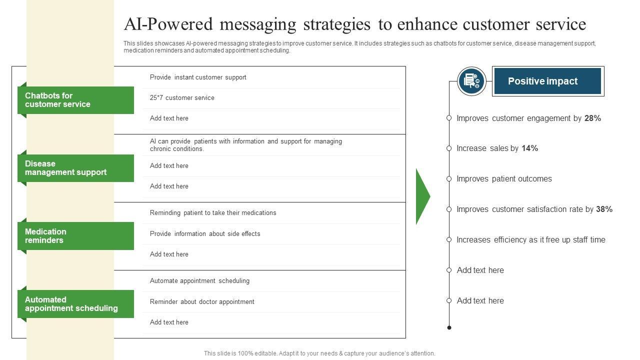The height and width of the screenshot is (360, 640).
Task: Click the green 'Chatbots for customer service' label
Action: (75, 100)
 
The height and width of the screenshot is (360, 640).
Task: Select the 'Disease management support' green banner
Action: (75, 168)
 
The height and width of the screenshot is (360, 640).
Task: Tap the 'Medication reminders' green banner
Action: (75, 236)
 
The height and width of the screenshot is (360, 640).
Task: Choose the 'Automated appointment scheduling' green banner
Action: (75, 304)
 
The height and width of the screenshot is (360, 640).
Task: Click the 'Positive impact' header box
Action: (547, 81)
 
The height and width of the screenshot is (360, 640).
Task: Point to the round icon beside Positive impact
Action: (471, 81)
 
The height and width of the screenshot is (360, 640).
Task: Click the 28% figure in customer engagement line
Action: (592, 118)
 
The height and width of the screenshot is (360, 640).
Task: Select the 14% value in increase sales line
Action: (529, 148)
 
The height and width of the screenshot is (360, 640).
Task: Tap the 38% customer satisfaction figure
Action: (604, 209)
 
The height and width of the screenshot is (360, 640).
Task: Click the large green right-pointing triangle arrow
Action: (422, 196)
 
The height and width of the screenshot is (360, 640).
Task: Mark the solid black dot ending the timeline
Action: (449, 327)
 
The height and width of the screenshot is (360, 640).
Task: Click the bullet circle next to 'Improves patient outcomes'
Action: (449, 179)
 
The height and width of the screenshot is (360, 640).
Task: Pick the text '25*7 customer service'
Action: (182, 98)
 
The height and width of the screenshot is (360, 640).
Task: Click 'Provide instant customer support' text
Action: (198, 77)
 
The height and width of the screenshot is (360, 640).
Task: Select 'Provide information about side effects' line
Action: (205, 234)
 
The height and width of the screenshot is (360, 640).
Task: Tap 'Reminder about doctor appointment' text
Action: (202, 302)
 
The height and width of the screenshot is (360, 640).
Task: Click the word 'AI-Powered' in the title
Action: (168, 24)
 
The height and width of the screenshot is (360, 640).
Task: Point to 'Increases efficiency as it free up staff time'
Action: (531, 240)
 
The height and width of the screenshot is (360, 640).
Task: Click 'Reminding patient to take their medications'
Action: (213, 213)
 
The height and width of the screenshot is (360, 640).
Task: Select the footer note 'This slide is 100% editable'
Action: (319, 353)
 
